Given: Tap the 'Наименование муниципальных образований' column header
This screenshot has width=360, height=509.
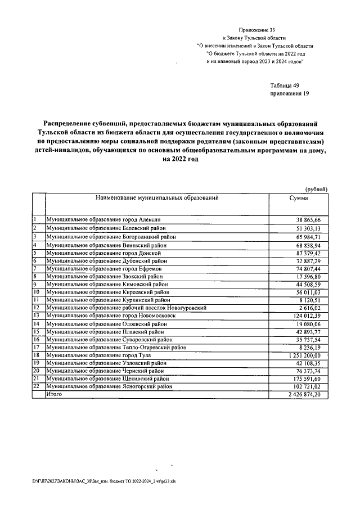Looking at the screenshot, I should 156,199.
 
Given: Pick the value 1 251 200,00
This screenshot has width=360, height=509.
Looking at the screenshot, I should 304,355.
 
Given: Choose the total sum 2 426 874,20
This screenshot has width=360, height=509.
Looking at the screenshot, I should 304,395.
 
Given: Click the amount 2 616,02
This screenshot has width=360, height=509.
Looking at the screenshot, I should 310,308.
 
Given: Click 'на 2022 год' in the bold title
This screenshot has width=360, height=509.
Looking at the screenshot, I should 180,159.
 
